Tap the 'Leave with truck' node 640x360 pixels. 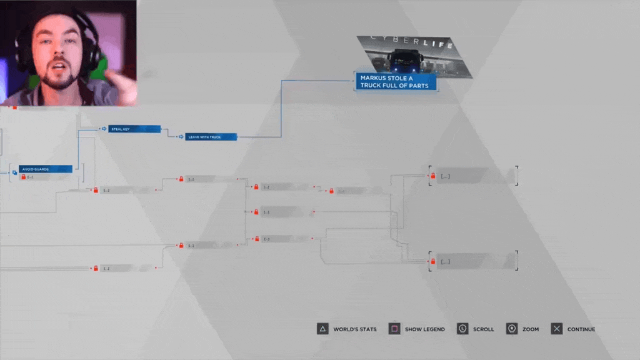(x=211, y=136)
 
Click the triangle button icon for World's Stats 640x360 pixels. (x=322, y=329)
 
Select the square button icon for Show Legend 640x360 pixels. (x=394, y=329)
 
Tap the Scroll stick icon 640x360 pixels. (x=462, y=329)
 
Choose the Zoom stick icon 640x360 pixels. (x=512, y=329)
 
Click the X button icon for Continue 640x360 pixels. (x=557, y=329)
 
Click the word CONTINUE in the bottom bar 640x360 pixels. (x=581, y=329)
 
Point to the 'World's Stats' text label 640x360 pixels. (x=355, y=329)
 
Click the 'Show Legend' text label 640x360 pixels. (x=425, y=329)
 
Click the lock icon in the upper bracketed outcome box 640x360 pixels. (x=432, y=176)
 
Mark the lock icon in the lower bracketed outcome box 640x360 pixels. (x=432, y=261)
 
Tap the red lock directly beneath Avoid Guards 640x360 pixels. (x=24, y=177)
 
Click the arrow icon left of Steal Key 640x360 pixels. (x=104, y=129)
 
